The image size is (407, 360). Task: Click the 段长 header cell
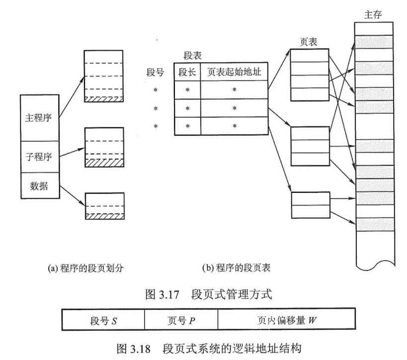coord(187,73)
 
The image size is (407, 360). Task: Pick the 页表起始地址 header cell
coord(234,73)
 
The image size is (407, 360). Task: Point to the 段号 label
coord(156,73)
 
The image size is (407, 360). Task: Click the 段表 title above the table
coord(192,56)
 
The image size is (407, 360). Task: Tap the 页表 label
coord(310,42)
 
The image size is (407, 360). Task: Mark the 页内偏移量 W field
coord(286,319)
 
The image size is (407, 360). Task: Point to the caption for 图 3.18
coord(203,345)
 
